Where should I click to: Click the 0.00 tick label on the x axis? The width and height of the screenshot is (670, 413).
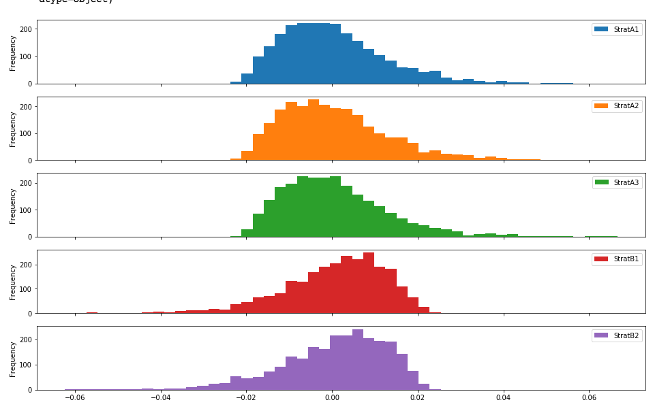tap(332, 398)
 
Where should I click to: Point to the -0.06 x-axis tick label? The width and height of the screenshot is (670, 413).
tap(74, 398)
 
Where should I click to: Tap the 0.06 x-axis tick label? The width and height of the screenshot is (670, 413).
tap(589, 398)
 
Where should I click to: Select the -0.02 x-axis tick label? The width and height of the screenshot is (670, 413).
tap(245, 398)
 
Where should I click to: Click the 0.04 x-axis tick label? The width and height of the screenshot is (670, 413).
tap(503, 398)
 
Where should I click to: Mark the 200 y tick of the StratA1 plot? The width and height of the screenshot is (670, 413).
tap(26, 29)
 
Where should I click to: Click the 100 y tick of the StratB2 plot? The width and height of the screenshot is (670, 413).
tap(26, 365)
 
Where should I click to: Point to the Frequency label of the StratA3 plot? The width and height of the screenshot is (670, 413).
tap(13, 205)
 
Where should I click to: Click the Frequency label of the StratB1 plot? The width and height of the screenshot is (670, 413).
tap(13, 282)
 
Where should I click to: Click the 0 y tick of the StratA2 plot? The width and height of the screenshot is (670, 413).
tap(30, 161)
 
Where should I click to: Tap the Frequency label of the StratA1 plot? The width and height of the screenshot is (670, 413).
tap(13, 52)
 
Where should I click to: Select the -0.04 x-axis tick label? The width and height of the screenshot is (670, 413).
tap(160, 398)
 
